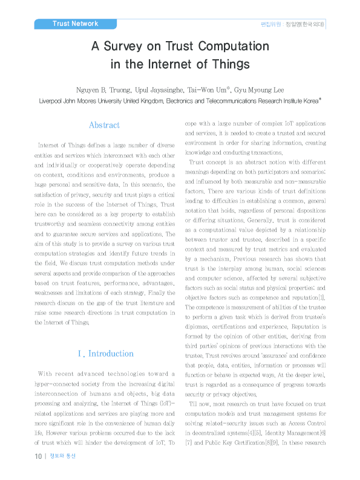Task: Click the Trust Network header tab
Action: coord(75,24)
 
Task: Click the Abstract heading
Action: coord(105,125)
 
